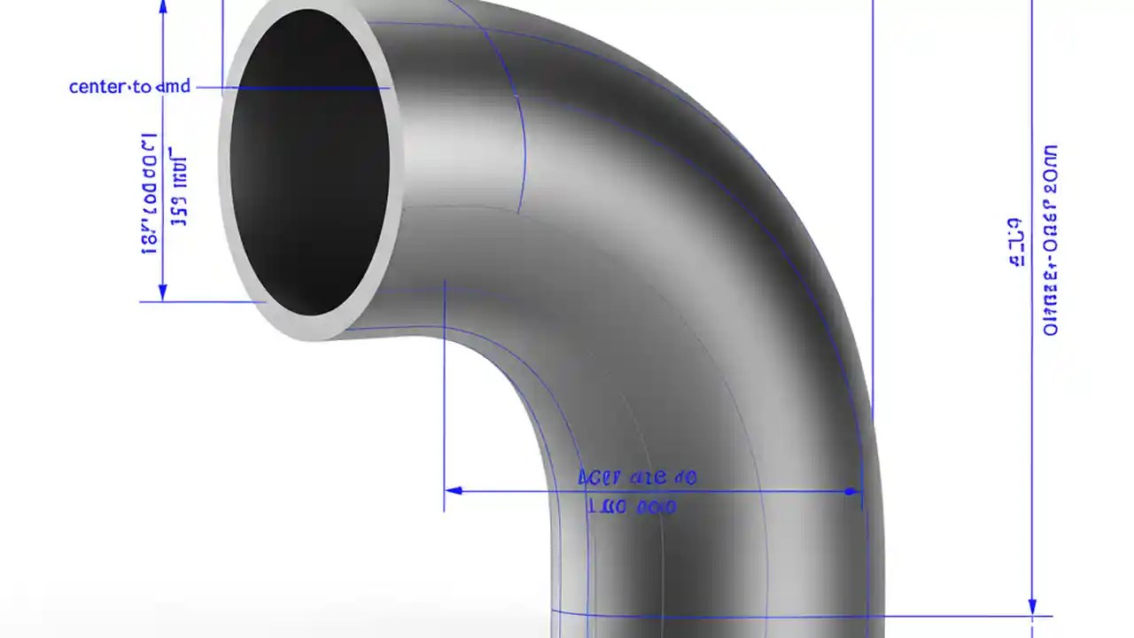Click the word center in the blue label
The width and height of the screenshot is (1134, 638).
(x=97, y=87)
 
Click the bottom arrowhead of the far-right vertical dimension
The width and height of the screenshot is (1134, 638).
(x=1032, y=606)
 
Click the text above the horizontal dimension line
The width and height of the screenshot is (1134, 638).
(x=636, y=478)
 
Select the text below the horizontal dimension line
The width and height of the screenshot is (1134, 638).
(x=632, y=507)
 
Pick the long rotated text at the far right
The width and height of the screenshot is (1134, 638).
(x=1051, y=239)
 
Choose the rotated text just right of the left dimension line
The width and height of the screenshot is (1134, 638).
(x=179, y=191)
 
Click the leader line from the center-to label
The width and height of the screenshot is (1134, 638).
(x=292, y=88)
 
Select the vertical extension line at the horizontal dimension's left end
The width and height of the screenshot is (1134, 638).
(x=444, y=399)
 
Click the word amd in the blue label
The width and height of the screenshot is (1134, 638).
(x=173, y=87)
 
